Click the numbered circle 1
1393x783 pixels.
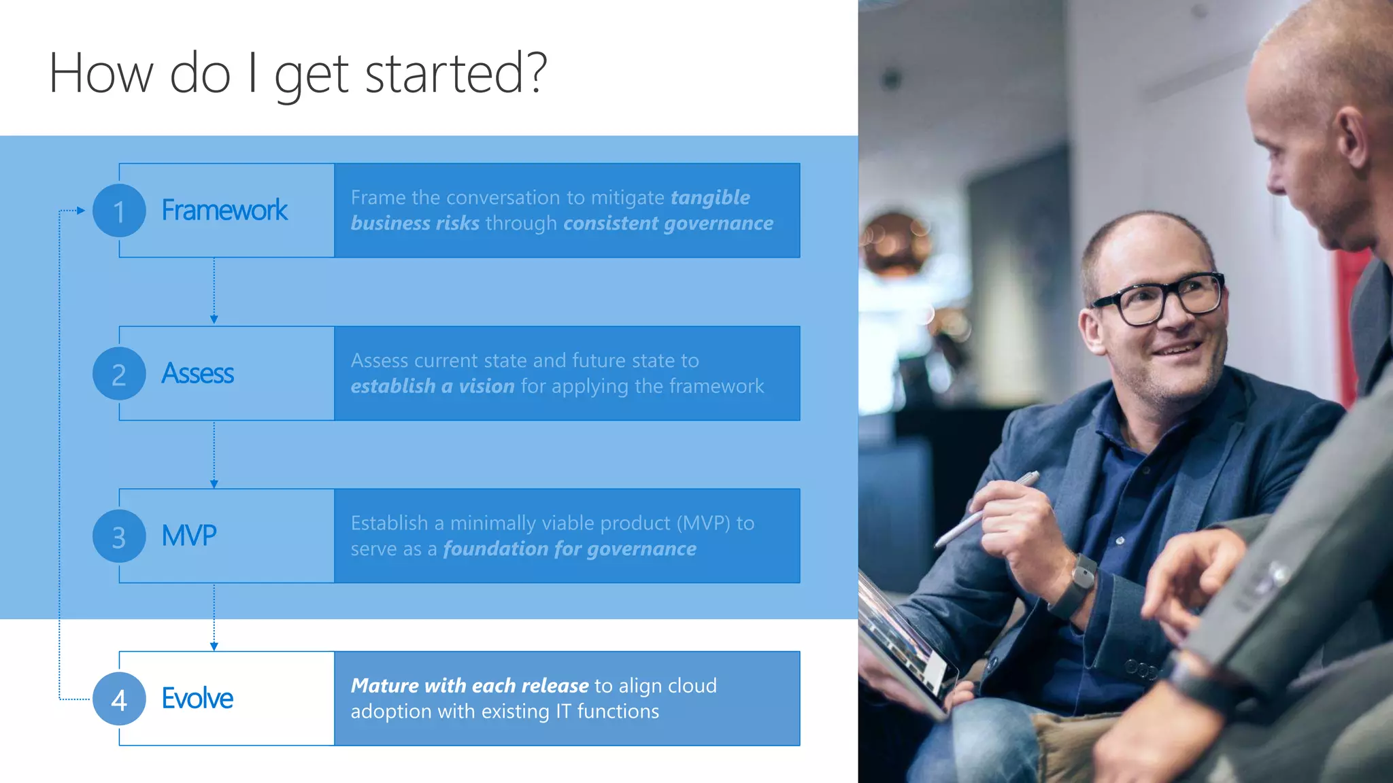point(119,211)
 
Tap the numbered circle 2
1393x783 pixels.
point(119,374)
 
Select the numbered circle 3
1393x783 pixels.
point(119,536)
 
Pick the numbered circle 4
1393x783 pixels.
point(119,699)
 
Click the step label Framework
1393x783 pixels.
point(224,211)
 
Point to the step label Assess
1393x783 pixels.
point(197,374)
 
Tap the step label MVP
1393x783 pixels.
point(189,536)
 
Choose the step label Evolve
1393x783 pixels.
point(197,699)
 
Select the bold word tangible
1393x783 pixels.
point(710,198)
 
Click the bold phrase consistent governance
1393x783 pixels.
point(668,224)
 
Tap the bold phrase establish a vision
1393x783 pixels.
point(433,387)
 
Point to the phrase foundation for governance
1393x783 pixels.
point(570,549)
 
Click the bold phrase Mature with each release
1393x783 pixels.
point(469,686)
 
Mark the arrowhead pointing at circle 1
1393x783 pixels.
point(81,211)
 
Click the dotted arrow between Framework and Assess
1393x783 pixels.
point(214,291)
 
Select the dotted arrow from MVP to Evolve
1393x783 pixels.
point(214,616)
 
